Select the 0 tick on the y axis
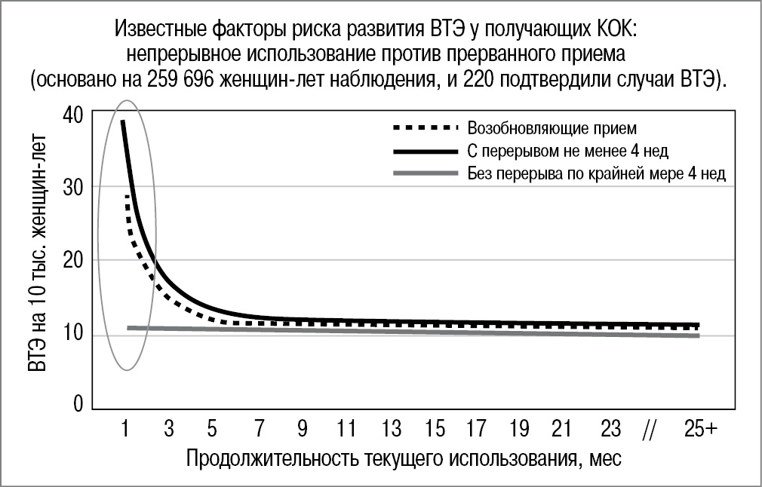[x=78, y=406]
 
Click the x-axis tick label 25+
[x=701, y=430]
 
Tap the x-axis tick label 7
[x=259, y=430]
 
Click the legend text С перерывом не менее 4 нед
[x=567, y=151]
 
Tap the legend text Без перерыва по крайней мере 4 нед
[x=596, y=174]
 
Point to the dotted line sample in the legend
[x=425, y=127]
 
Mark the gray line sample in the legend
[x=425, y=174]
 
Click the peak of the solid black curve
[x=123, y=121]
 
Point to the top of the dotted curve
[x=128, y=196]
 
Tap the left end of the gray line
[x=129, y=328]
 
